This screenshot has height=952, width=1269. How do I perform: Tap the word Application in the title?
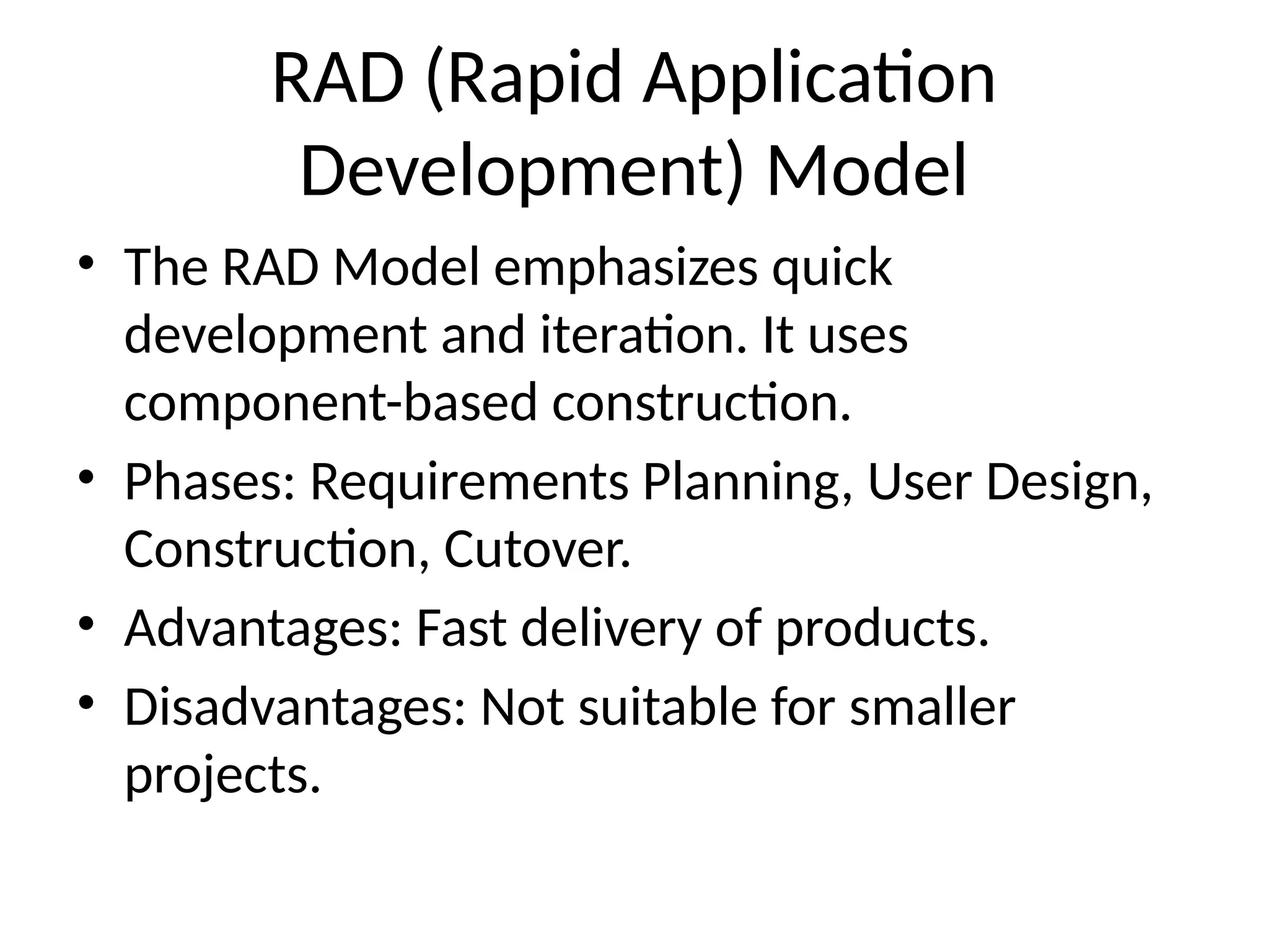click(x=818, y=79)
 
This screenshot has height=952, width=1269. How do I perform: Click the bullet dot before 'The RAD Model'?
click(x=86, y=262)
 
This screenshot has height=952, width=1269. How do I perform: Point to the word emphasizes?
click(x=625, y=268)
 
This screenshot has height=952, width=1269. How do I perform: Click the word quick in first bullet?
click(x=832, y=268)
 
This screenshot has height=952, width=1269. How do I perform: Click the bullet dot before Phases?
click(x=86, y=477)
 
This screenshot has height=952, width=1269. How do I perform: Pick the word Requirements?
click(x=469, y=482)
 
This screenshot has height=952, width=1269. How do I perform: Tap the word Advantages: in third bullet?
click(x=263, y=628)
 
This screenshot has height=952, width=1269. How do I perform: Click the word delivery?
click(x=610, y=628)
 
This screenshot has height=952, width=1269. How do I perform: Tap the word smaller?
click(x=932, y=707)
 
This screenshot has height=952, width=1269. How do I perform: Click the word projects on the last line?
click(x=222, y=775)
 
